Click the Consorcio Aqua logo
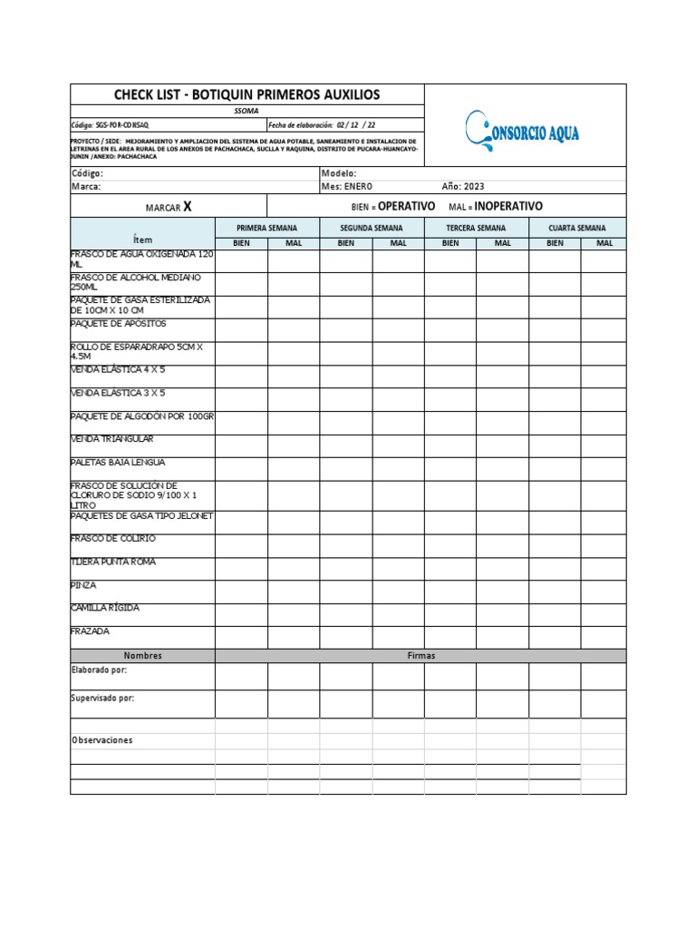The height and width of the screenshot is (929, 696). (x=524, y=129)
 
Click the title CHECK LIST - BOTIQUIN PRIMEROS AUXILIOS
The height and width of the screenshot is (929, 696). (x=246, y=94)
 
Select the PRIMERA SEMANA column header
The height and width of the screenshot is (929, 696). (x=266, y=228)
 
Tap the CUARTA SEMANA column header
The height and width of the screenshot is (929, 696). (x=578, y=228)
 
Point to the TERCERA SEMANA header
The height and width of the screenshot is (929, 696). (x=476, y=228)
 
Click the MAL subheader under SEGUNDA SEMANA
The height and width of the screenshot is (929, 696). (x=398, y=243)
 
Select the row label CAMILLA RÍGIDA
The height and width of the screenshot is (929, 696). (x=105, y=608)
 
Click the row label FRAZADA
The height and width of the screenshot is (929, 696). (x=90, y=631)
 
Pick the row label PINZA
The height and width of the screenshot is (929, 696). (x=83, y=585)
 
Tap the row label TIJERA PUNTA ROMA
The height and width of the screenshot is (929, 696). (x=113, y=562)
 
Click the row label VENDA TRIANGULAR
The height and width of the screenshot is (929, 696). (x=111, y=439)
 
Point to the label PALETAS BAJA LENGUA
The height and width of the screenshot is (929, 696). (x=118, y=462)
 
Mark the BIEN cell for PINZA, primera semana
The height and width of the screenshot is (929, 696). (x=241, y=592)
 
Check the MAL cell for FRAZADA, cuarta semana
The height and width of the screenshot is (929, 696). (x=603, y=638)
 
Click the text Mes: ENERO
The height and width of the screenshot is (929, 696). (x=347, y=186)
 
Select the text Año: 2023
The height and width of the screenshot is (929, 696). (x=463, y=186)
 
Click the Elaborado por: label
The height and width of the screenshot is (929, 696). (x=99, y=670)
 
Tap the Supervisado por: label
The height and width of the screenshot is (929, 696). (x=102, y=699)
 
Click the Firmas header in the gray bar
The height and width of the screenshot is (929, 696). (x=421, y=655)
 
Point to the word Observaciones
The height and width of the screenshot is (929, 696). (x=102, y=740)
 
